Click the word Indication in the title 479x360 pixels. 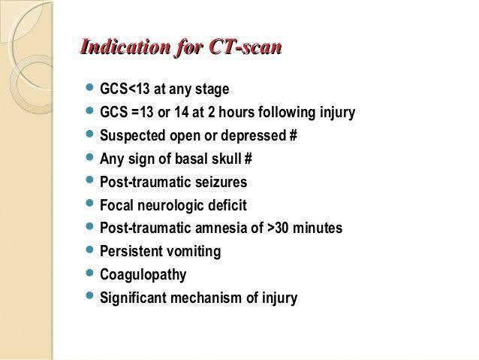[125, 47]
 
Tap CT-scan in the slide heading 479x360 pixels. [246, 47]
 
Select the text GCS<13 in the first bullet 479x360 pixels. [125, 89]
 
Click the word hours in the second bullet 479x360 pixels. [236, 112]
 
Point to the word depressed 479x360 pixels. [253, 135]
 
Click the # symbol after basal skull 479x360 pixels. [249, 159]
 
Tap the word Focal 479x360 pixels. [116, 205]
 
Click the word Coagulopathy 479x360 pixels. [143, 274]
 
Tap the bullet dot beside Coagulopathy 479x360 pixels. [89, 273]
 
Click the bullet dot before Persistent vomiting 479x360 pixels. [89, 250]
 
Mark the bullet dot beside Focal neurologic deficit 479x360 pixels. [89, 203]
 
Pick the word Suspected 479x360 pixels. [133, 135]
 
